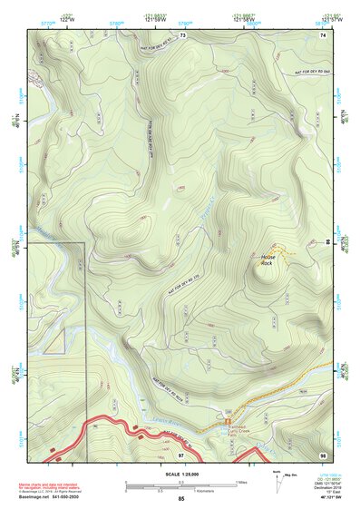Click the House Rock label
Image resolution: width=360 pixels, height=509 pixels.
[268, 259]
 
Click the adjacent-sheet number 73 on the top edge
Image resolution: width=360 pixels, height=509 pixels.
[182, 35]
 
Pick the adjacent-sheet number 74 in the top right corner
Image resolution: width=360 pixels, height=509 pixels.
[322, 35]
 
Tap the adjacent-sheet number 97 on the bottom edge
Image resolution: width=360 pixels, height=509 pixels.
[181, 453]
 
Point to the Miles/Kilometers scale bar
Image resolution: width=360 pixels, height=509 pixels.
[180, 485]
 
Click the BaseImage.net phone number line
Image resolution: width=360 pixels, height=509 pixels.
[54, 496]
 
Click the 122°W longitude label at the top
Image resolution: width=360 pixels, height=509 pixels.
[65, 17]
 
